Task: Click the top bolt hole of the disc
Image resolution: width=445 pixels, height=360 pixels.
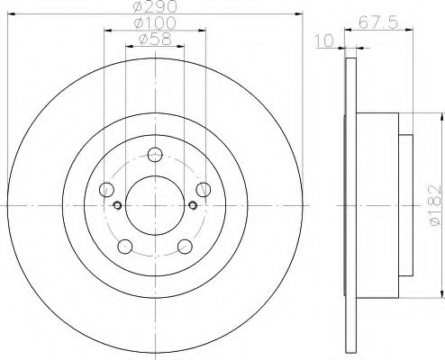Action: click(154, 154)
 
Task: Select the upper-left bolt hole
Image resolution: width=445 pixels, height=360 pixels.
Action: click(107, 189)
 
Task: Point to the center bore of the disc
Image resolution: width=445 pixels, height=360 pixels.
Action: click(154, 204)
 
